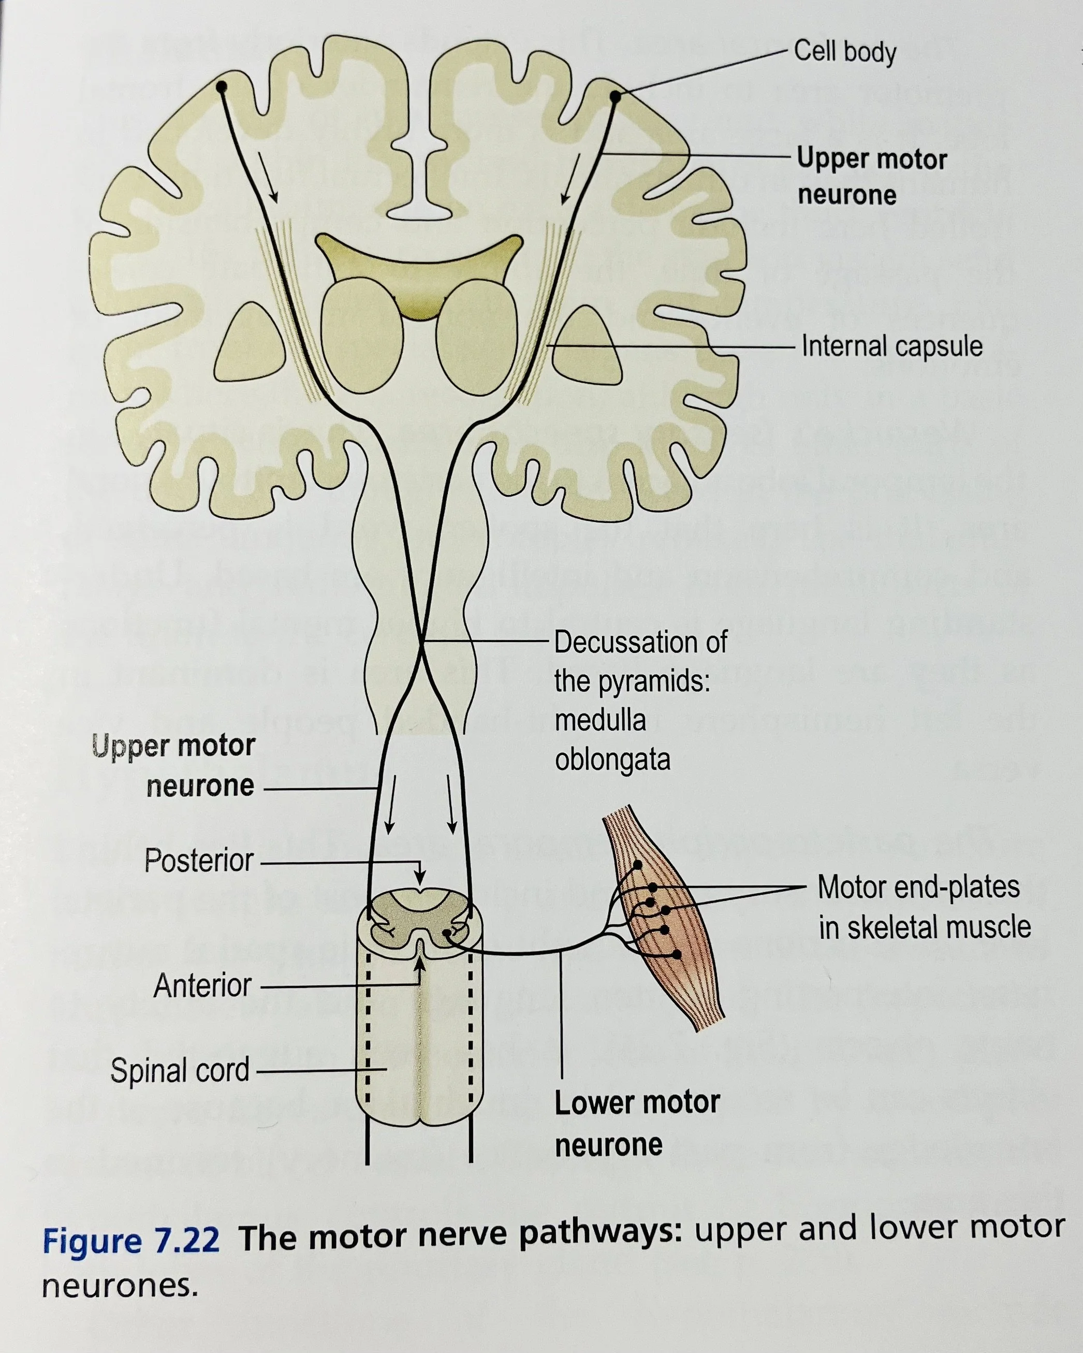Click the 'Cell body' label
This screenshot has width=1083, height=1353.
844,51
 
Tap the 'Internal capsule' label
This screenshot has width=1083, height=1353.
891,346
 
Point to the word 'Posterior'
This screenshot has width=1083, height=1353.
199,861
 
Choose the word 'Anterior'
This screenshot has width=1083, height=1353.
202,986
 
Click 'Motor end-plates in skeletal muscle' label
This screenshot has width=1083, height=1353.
924,908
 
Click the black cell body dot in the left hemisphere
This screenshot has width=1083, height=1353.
221,86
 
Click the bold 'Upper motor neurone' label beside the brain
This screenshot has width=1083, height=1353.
871,177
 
